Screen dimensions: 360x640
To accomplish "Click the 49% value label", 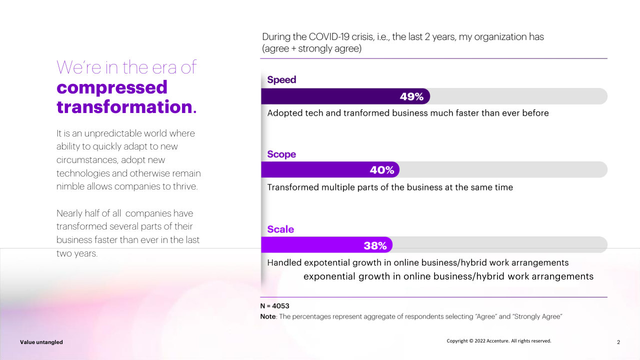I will click(411, 96).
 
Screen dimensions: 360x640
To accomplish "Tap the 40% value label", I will click(382, 170).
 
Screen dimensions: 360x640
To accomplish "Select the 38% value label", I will click(375, 245).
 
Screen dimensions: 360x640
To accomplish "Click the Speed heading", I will click(281, 79).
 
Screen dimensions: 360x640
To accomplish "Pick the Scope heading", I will click(281, 154).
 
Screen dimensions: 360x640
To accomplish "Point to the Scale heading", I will click(280, 229).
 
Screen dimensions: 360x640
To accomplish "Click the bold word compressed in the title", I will click(112, 87).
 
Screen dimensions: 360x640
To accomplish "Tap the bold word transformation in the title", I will click(124, 107).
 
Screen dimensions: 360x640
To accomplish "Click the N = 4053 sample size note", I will click(274, 305).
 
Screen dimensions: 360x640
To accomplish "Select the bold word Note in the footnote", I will click(268, 316).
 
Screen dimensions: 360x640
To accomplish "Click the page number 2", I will click(618, 342).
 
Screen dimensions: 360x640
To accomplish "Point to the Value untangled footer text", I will click(41, 342).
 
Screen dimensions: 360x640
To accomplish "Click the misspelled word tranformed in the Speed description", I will click(366, 113).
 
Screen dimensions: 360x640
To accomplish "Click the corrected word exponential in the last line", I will click(329, 276).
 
